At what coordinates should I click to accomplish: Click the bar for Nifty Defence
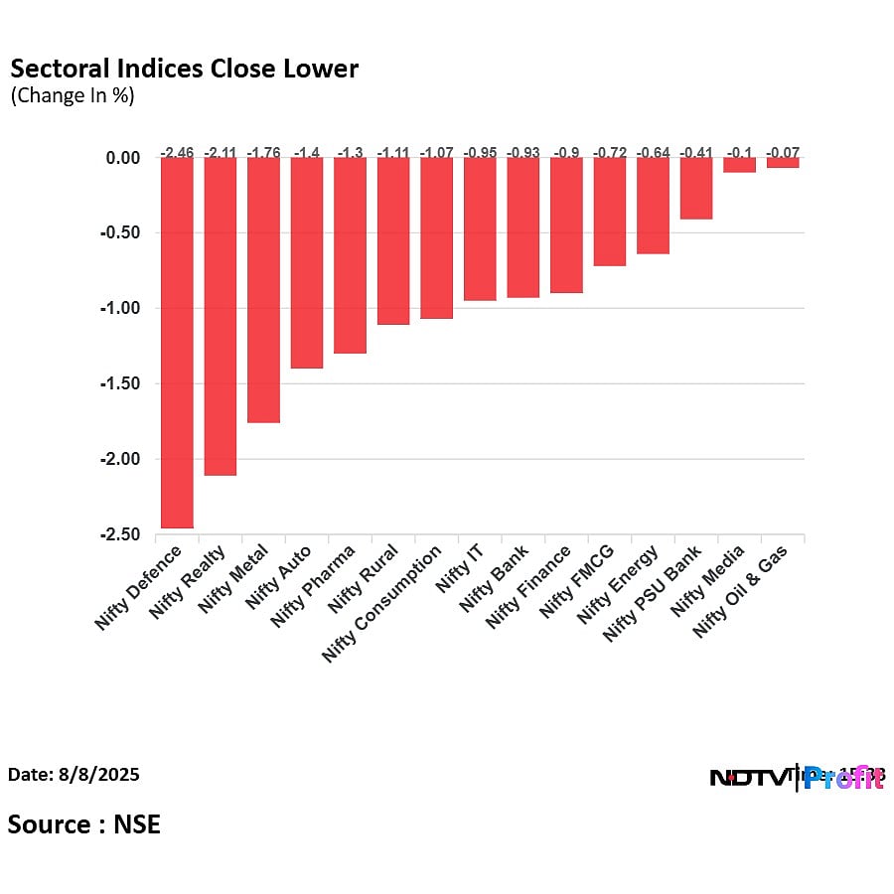[177, 343]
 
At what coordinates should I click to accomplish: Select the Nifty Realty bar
[220, 316]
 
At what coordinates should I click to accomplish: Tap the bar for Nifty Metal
[263, 290]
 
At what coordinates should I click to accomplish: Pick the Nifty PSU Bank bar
[696, 189]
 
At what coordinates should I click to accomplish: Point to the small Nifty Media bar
[739, 165]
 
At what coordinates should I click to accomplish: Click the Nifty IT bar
[480, 229]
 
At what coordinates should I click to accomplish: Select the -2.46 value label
[177, 152]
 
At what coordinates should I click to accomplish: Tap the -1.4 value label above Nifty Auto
[306, 152]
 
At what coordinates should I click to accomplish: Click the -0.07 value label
[783, 152]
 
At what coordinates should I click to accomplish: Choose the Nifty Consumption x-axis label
[383, 604]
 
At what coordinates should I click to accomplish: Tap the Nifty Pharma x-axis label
[314, 586]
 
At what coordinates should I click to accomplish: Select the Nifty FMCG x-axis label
[578, 581]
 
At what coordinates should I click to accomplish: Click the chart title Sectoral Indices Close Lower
[184, 69]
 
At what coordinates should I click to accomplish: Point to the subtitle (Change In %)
[72, 96]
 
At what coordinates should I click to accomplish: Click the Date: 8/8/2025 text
[74, 774]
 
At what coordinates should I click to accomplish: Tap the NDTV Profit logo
[797, 778]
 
